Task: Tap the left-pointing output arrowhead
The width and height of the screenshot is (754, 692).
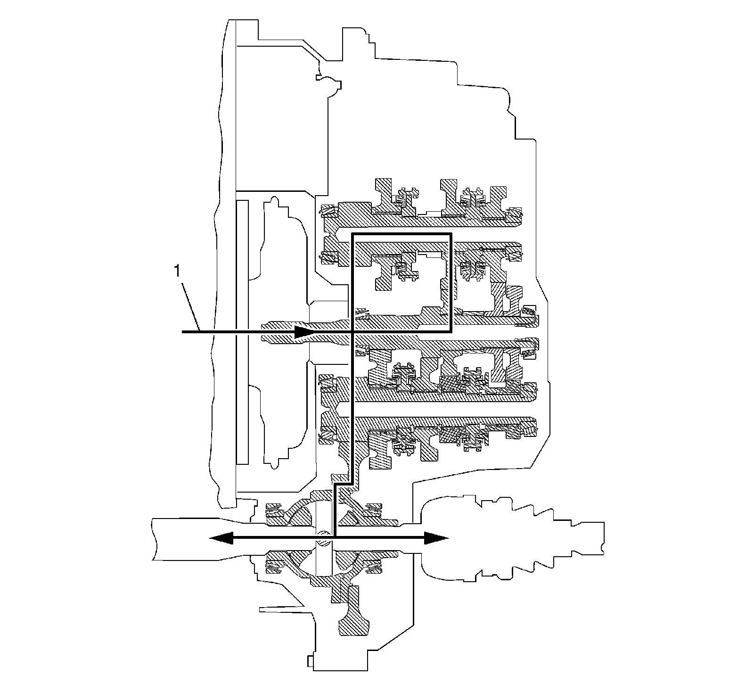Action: point(218,537)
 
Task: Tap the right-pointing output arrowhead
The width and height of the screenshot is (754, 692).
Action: point(437,537)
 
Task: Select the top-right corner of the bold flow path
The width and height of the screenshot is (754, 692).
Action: point(451,234)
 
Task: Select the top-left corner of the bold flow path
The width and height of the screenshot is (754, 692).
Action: point(352,234)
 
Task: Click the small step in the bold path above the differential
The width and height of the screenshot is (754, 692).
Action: point(343,483)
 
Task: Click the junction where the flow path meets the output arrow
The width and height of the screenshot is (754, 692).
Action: point(334,537)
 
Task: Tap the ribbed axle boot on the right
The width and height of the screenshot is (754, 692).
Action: point(514,537)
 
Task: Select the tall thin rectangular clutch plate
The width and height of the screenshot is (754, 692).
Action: point(242,330)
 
